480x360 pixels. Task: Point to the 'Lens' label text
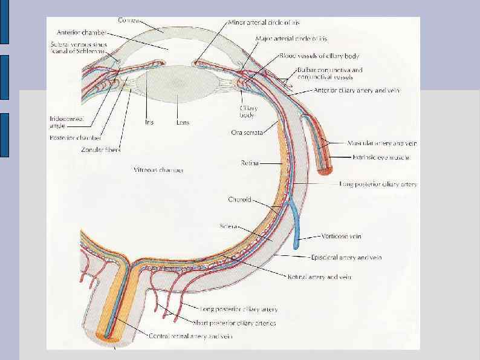pos(182,122)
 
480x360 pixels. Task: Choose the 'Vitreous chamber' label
pos(158,170)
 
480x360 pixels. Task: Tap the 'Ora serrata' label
pos(247,133)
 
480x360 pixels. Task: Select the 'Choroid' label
pos(239,199)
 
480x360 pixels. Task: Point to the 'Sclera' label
pos(230,227)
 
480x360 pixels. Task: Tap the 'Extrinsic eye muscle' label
pos(381,157)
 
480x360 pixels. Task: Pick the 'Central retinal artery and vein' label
pos(190,336)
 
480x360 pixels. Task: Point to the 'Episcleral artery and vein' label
pos(346,258)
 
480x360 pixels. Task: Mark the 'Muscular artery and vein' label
pos(382,143)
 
